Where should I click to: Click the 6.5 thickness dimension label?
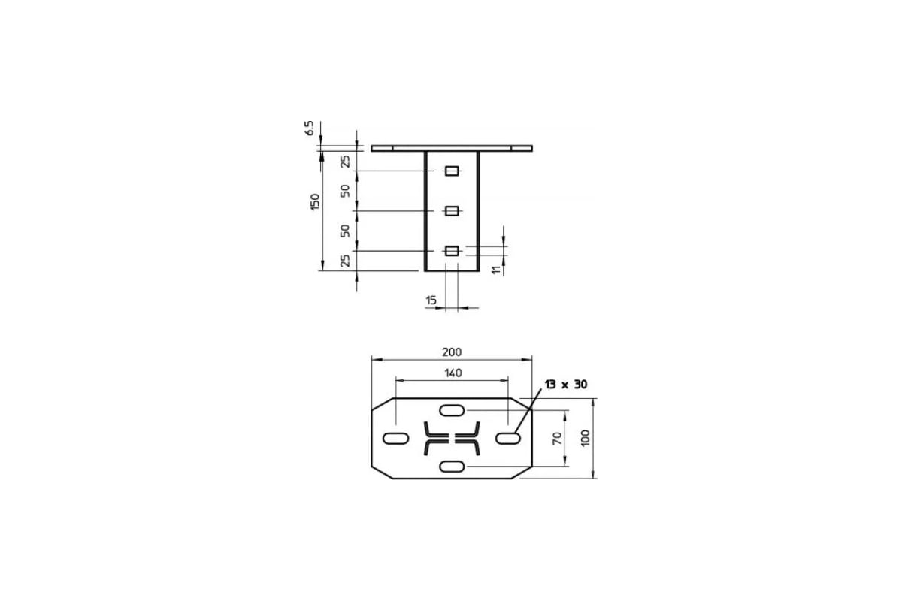click(x=309, y=128)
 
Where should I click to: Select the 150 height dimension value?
click(x=315, y=201)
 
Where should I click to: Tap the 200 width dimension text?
click(x=452, y=352)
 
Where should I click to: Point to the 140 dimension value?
click(x=453, y=373)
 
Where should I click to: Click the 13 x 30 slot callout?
click(x=566, y=385)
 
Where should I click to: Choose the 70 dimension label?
click(x=557, y=438)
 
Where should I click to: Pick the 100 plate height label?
click(x=586, y=438)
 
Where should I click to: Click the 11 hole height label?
click(x=496, y=269)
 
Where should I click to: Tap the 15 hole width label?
click(x=431, y=300)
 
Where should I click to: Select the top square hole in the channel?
click(x=452, y=171)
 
